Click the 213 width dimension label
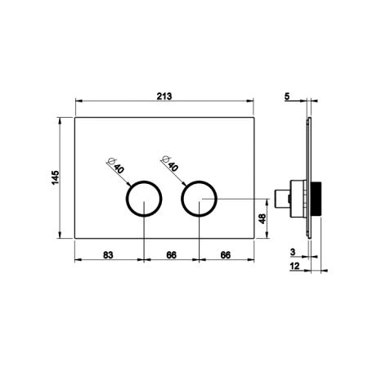click(164, 96)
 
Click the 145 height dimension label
click(56, 177)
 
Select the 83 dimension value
click(108, 255)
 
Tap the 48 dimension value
click(263, 218)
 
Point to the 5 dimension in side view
click(287, 96)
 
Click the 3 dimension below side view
click(293, 252)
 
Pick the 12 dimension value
click(294, 266)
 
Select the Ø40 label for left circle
click(115, 165)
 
